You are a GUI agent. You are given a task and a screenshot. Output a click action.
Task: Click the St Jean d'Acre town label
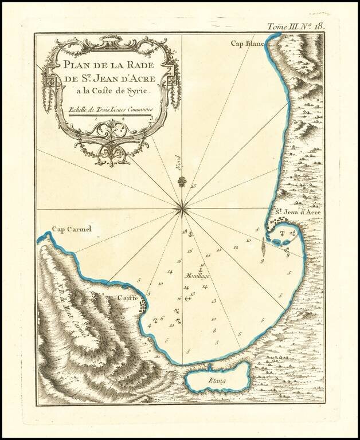pyautogui.click(x=295, y=212)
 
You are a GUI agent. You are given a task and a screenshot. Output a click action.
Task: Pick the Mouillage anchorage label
pyautogui.click(x=198, y=276)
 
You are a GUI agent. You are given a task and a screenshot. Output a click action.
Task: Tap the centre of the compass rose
pyautogui.click(x=182, y=210)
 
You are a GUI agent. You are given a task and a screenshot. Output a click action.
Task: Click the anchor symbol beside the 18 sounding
pyautogui.click(x=191, y=233)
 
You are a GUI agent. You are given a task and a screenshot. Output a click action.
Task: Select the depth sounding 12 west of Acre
pyautogui.click(x=236, y=247)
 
